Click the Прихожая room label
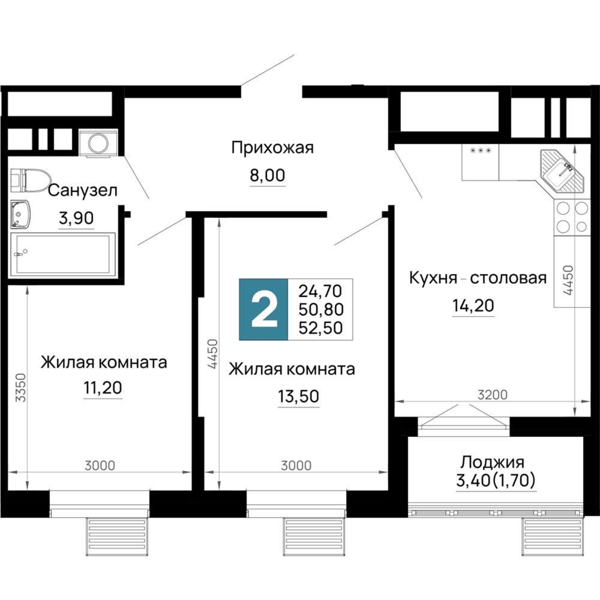tap(272, 148)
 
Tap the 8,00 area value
tap(267, 176)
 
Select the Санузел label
tap(82, 190)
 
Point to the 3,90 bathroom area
tap(76, 218)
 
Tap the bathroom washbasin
tap(20, 214)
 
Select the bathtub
tap(63, 254)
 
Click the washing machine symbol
tap(98, 143)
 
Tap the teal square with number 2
tap(264, 309)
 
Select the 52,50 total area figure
tap(320, 328)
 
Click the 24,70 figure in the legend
tap(320, 291)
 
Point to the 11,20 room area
tap(103, 388)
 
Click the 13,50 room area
tap(298, 397)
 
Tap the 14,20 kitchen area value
tap(473, 306)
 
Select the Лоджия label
tap(492, 462)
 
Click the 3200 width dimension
tap(493, 395)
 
